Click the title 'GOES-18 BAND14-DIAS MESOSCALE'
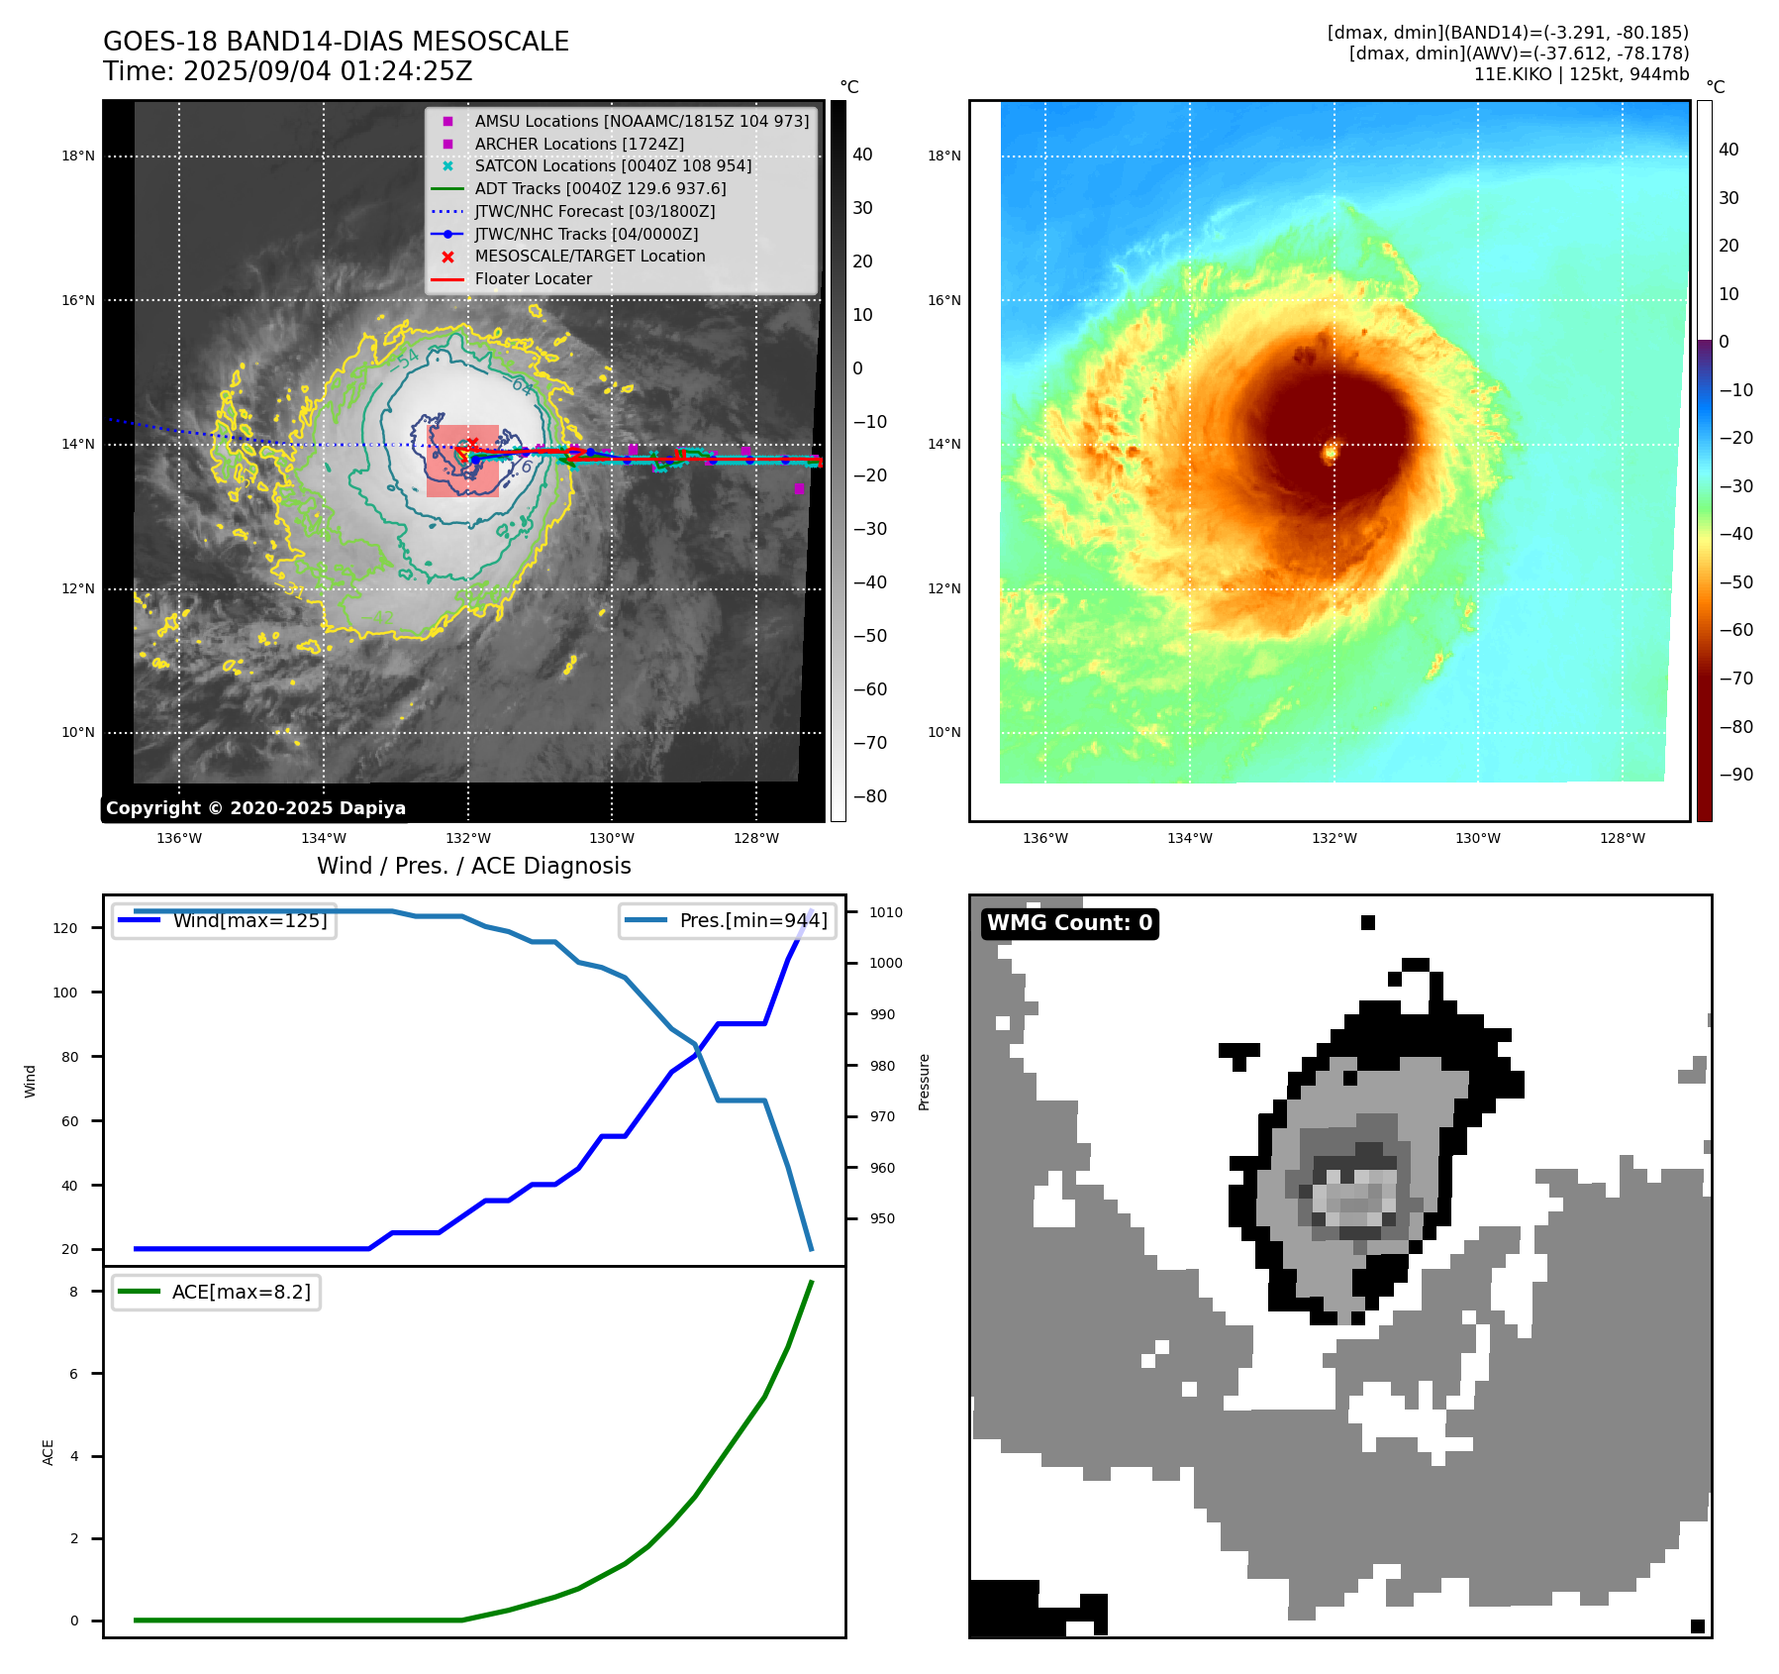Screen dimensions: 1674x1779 point(336,42)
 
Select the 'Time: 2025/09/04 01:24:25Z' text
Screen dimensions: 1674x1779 point(287,71)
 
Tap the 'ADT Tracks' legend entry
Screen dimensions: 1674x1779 point(600,188)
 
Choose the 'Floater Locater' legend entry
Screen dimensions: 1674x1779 point(533,278)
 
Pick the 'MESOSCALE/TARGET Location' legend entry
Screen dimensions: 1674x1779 point(589,256)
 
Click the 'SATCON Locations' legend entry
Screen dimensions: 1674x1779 point(612,165)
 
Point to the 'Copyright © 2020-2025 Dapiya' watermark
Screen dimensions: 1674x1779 point(255,808)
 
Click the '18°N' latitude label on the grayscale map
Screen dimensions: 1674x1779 point(78,156)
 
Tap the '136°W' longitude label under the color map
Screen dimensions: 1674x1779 point(1044,838)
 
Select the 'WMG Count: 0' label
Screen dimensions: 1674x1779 point(1069,923)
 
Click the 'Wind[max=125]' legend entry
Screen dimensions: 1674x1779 point(249,920)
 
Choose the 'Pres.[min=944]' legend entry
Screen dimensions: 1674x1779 point(752,920)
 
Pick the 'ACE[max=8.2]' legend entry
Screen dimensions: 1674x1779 point(241,1292)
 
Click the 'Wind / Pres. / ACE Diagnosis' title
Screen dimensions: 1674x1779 point(473,866)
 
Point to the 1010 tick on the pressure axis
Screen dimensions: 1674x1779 point(886,912)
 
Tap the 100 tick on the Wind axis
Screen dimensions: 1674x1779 point(65,993)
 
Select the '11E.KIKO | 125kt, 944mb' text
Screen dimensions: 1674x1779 point(1581,74)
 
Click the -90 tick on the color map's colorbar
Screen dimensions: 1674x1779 point(1735,775)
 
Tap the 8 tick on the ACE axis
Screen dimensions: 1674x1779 point(73,1292)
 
